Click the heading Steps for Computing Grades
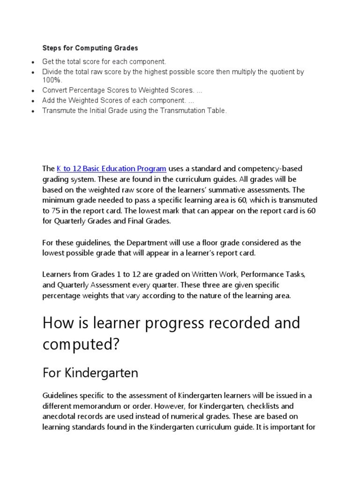(90, 48)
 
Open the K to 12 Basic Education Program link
(111, 169)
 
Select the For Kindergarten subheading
(90, 373)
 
